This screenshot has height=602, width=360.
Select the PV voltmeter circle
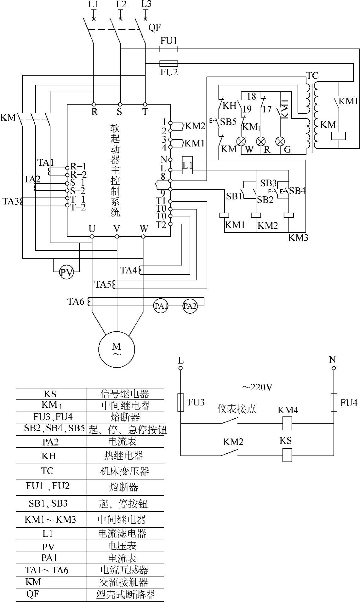click(x=66, y=272)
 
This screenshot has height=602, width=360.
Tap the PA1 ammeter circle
click(x=161, y=306)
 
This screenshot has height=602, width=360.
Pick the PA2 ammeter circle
click(x=190, y=306)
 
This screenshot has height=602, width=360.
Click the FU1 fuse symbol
click(x=169, y=49)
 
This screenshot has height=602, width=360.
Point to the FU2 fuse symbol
click(x=169, y=63)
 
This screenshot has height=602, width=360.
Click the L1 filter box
click(x=188, y=165)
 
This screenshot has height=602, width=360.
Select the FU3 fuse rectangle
click(x=181, y=403)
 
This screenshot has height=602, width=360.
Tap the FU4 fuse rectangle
click(x=334, y=403)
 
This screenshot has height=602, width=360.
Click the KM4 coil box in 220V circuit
click(x=287, y=424)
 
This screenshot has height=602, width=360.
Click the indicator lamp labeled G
click(x=280, y=141)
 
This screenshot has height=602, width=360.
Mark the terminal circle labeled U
click(x=92, y=237)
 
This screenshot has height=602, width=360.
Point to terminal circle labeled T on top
click(x=145, y=104)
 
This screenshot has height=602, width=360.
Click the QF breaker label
click(x=154, y=28)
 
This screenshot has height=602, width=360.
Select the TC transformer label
click(x=312, y=76)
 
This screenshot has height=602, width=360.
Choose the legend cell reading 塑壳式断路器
click(x=125, y=594)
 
